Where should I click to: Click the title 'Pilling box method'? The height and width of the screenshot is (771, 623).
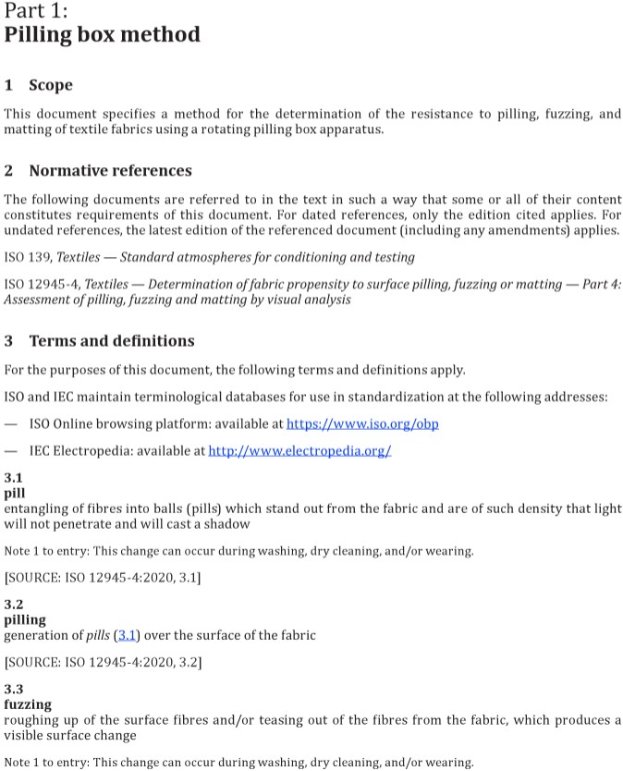tap(102, 35)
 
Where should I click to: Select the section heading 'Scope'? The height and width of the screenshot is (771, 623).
tap(51, 85)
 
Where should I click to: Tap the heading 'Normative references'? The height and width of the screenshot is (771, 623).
tap(110, 171)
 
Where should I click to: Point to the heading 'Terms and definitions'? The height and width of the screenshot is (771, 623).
tap(112, 341)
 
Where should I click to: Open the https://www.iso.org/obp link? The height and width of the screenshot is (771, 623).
tap(362, 424)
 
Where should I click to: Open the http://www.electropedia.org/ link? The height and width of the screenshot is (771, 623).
tap(299, 450)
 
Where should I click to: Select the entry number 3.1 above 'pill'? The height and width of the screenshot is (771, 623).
tap(13, 478)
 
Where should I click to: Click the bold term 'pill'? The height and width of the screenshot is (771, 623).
tap(15, 493)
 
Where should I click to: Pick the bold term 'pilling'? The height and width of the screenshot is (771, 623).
tap(25, 620)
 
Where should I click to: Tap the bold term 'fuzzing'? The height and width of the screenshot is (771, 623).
tap(28, 704)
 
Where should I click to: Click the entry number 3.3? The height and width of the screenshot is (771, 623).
tap(13, 689)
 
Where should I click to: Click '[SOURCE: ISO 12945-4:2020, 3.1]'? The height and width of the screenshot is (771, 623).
tap(103, 578)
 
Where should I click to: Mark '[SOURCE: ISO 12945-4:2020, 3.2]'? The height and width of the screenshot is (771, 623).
tap(103, 662)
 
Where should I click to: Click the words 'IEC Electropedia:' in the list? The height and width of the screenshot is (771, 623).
tap(81, 450)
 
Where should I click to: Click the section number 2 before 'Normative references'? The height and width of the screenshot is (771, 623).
tap(8, 171)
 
